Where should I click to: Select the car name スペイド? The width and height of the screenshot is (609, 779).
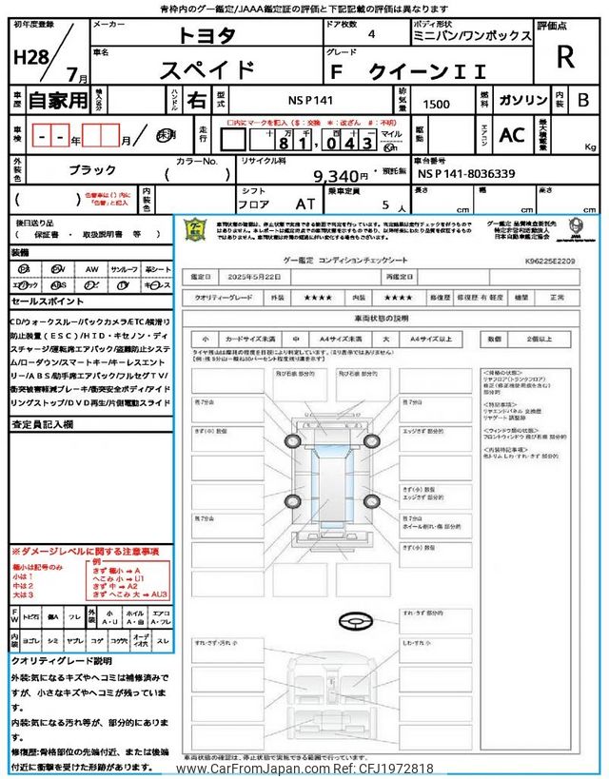(x=206, y=70)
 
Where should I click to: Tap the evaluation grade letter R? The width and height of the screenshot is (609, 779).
(x=565, y=56)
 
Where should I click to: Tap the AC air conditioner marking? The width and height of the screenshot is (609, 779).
(x=512, y=135)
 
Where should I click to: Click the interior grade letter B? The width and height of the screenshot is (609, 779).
(x=583, y=100)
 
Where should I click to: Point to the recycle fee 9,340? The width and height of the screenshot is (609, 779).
(x=340, y=175)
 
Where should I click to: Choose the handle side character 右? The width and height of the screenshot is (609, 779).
(x=196, y=100)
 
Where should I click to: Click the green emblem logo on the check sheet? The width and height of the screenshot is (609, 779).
(x=194, y=229)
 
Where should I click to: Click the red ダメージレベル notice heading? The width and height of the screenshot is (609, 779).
(x=86, y=552)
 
